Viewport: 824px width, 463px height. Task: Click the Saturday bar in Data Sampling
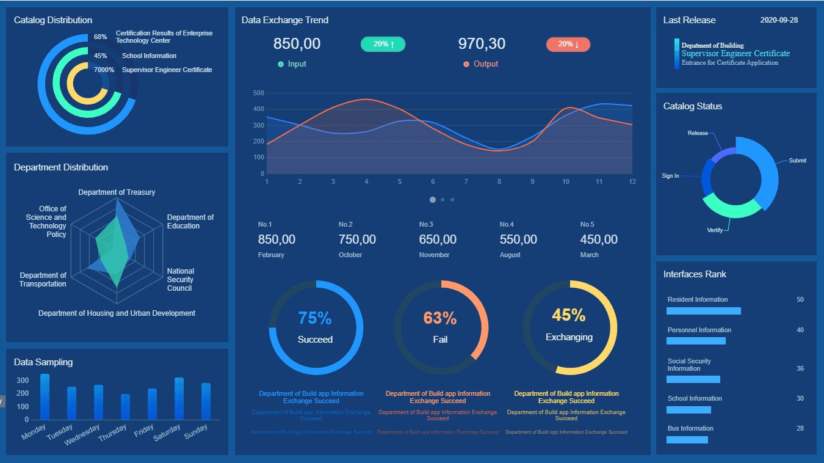click(x=179, y=398)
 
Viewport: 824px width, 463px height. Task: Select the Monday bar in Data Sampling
click(x=45, y=396)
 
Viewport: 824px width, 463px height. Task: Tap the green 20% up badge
click(x=383, y=44)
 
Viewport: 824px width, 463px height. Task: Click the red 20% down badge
click(x=568, y=44)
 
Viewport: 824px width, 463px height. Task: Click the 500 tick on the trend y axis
click(x=258, y=93)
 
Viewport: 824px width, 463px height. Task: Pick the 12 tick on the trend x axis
click(x=632, y=181)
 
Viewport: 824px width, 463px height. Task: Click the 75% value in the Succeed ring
click(x=315, y=318)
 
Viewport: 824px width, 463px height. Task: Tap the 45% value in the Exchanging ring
click(x=569, y=315)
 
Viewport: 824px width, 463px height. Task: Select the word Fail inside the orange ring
click(x=440, y=339)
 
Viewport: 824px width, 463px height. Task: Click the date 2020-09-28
click(x=779, y=20)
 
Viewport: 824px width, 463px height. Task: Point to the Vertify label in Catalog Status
click(x=715, y=230)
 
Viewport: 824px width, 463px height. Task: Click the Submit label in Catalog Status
click(x=797, y=161)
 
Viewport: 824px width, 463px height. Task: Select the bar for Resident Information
click(x=703, y=311)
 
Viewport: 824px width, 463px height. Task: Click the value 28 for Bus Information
click(x=800, y=428)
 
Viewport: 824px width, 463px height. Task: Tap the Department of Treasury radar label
click(x=117, y=192)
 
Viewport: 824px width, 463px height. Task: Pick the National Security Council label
click(x=180, y=280)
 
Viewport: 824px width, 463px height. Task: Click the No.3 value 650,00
click(x=438, y=239)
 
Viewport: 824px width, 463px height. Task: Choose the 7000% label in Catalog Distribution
click(x=104, y=70)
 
